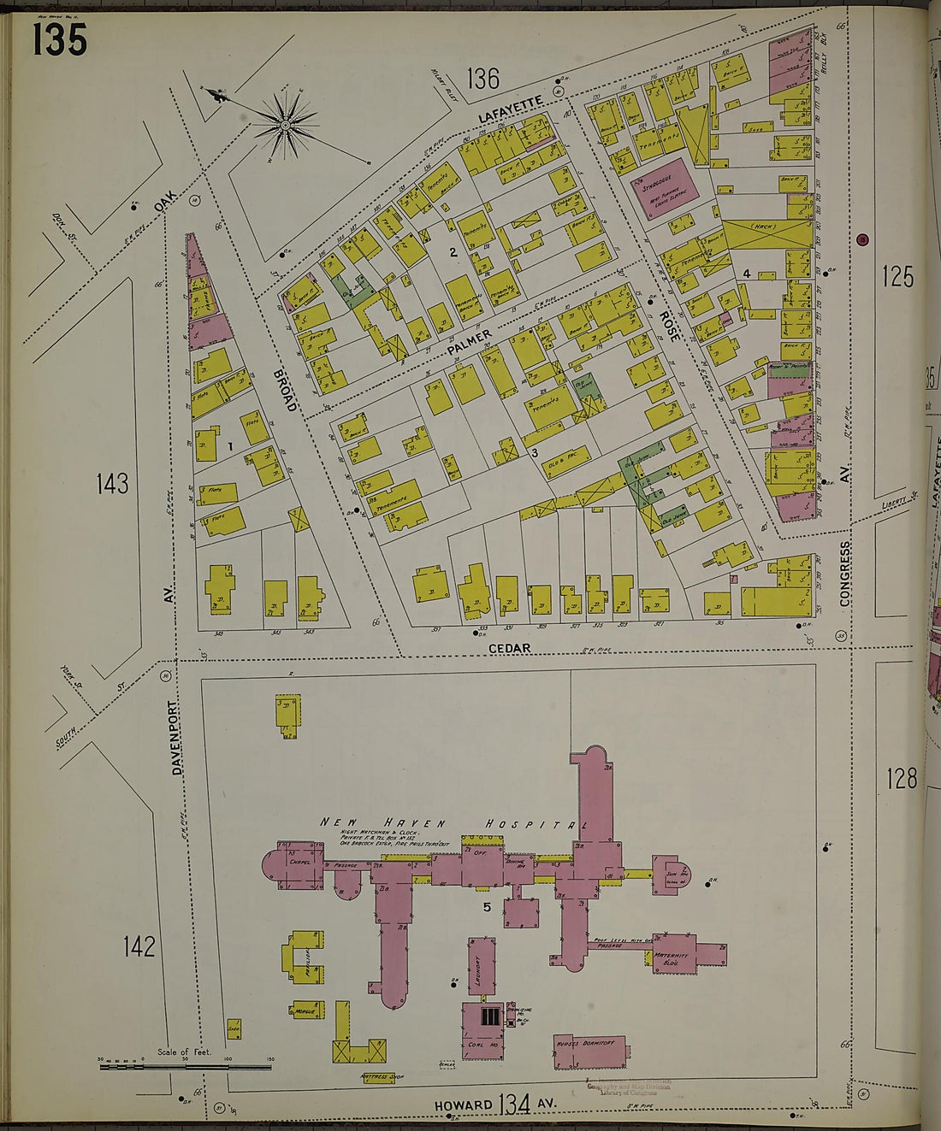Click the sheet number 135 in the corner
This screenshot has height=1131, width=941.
coord(60,39)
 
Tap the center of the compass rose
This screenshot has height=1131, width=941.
coord(285,127)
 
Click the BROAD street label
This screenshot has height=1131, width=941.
coord(285,390)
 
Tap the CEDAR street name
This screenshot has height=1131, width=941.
coord(509,648)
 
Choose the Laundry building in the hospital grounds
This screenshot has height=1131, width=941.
coord(482,967)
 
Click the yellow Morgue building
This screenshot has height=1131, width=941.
coord(306,1010)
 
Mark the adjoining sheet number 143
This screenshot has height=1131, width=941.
coord(112,484)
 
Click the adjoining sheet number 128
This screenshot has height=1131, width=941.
coord(901,778)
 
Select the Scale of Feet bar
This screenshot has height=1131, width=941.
coord(185,1066)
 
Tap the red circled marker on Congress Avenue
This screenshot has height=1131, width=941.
coord(862,239)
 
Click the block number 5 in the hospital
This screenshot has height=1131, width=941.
coord(487,908)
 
